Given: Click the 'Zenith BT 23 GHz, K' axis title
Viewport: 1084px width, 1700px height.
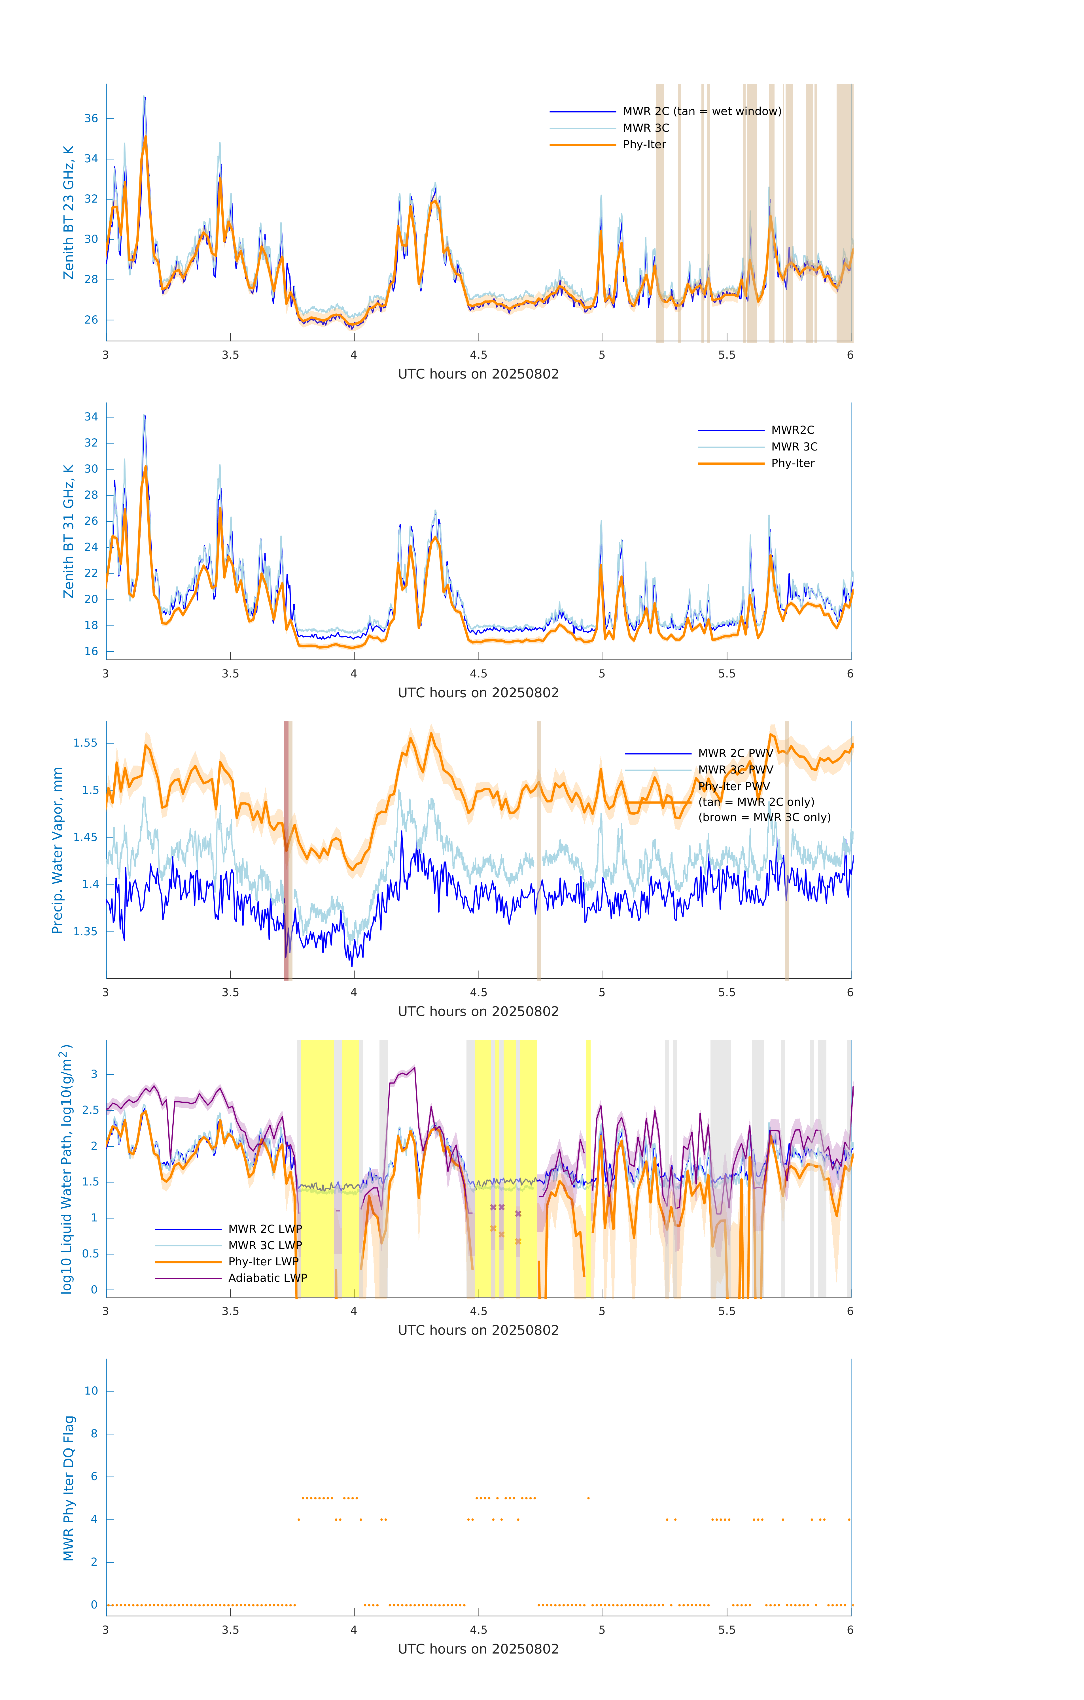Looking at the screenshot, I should pyautogui.click(x=69, y=212).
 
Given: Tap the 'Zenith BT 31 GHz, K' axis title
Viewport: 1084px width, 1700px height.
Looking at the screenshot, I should pyautogui.click(x=69, y=531).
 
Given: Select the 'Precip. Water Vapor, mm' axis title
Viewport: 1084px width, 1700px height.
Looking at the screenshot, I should pyautogui.click(x=58, y=850).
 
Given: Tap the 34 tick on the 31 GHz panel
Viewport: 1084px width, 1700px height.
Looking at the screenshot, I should pyautogui.click(x=91, y=416).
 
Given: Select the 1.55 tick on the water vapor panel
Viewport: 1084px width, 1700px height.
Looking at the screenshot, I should pyautogui.click(x=86, y=743).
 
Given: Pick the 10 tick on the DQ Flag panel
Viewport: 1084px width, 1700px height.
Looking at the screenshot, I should pyautogui.click(x=91, y=1391).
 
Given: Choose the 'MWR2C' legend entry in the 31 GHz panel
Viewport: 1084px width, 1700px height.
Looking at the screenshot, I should pyautogui.click(x=792, y=430).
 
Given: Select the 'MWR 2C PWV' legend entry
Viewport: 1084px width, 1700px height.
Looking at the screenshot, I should pyautogui.click(x=735, y=753).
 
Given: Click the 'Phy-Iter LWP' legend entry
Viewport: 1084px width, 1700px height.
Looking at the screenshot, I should pyautogui.click(x=263, y=1262).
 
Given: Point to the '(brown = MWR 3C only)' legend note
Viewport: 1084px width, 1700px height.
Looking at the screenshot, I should pyautogui.click(x=764, y=817).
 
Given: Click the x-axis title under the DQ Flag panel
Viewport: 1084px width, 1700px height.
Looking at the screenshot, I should pyautogui.click(x=478, y=1649).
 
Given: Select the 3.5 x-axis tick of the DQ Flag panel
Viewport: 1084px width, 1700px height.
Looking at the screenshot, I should pyautogui.click(x=230, y=1630).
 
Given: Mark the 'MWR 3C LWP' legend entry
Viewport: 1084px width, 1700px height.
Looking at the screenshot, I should pyautogui.click(x=265, y=1245).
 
